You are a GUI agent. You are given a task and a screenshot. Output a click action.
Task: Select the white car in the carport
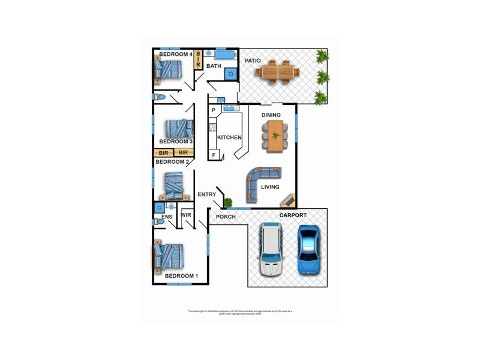point(271,249)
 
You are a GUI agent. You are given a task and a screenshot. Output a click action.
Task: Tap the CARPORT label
point(293,215)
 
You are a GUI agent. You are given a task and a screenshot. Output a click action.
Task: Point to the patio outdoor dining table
point(277,71)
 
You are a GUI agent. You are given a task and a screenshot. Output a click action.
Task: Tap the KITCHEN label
point(229,138)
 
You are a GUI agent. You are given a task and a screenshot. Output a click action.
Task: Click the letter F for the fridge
point(213,155)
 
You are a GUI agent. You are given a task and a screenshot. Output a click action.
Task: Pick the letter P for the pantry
point(213,110)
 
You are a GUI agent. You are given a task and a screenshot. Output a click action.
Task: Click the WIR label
point(185,215)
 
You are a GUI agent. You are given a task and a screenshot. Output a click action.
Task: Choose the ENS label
point(167,217)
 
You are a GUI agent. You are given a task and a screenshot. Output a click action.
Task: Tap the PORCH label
point(226,217)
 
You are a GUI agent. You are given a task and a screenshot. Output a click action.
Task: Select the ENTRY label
point(206,194)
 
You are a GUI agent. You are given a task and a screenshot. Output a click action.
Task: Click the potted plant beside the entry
point(228,202)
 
